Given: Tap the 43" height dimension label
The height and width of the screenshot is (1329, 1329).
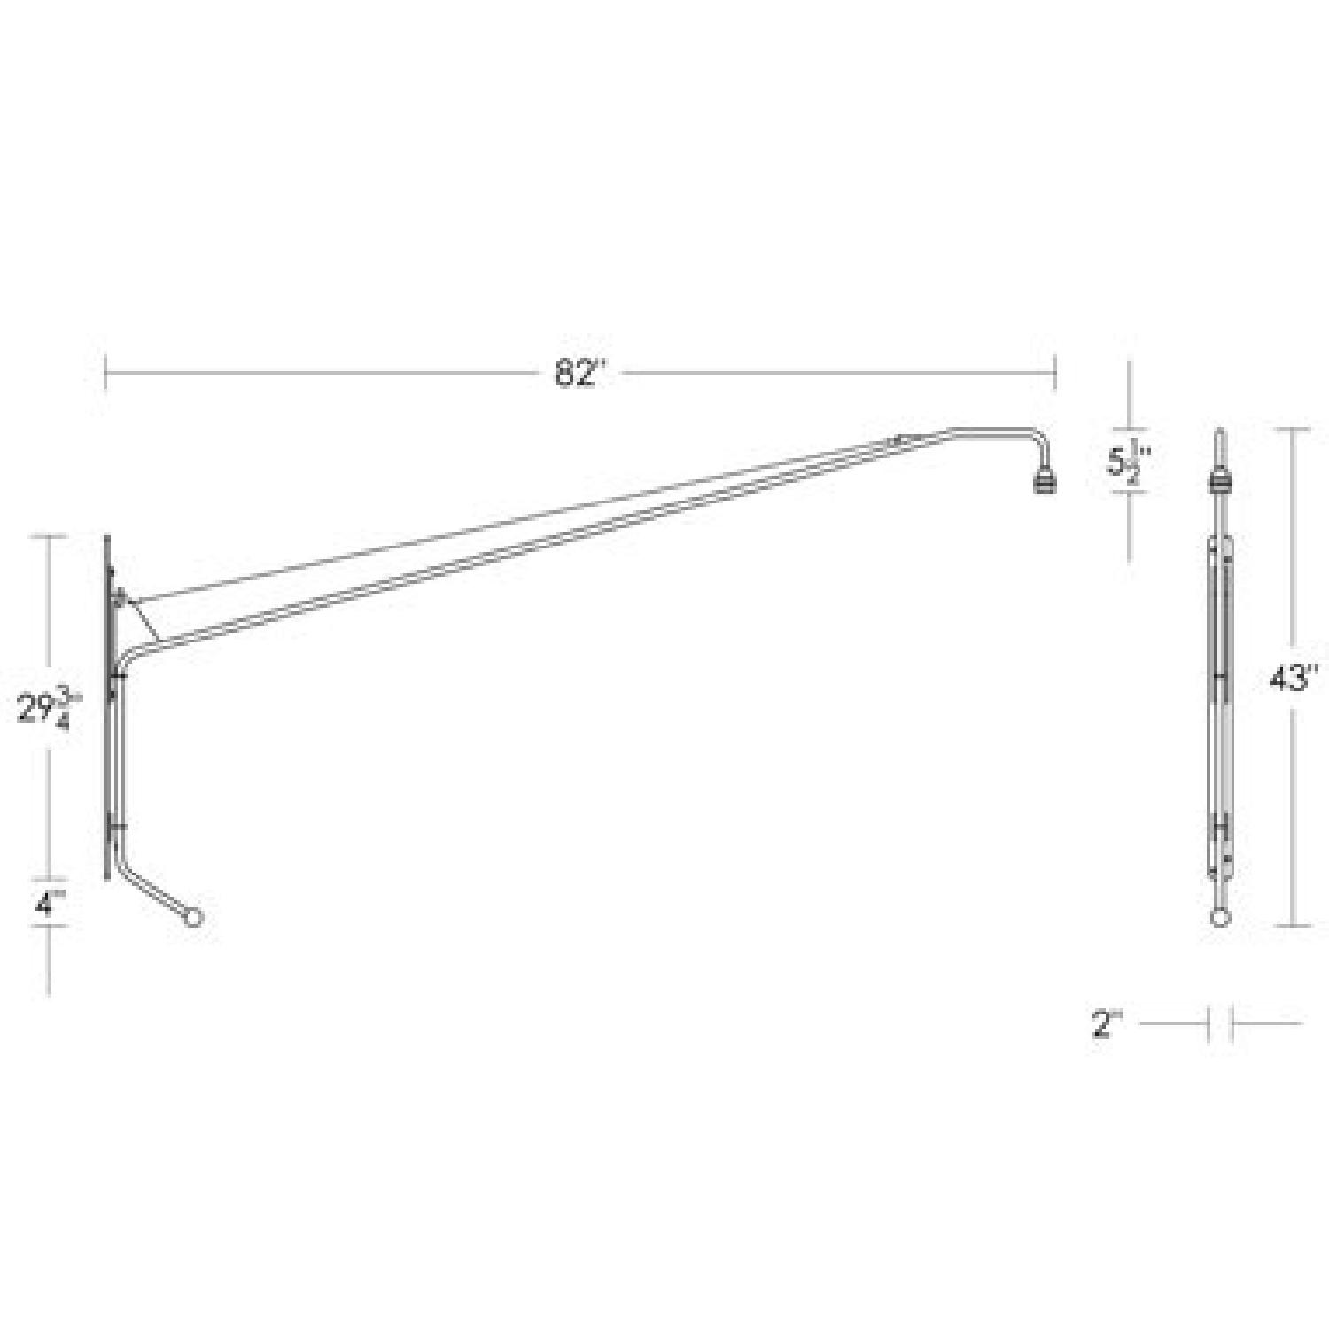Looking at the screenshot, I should coord(1294,680).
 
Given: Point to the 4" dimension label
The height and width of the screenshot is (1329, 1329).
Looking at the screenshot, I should coord(50,903).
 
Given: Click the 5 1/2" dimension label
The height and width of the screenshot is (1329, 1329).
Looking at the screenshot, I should coord(1128,462).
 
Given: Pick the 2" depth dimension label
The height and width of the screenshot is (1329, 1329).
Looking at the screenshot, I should coord(1107,1025).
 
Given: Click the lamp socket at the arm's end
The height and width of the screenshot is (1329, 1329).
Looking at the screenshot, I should coord(1045,480).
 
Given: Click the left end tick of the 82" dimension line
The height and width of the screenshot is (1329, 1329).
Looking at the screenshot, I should coord(106,373).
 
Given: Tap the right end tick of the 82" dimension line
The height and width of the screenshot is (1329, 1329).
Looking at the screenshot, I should coord(1055,373).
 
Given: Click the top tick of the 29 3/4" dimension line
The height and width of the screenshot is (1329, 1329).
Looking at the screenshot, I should coord(50,536).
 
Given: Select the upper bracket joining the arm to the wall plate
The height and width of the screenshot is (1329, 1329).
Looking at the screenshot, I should coord(118,675).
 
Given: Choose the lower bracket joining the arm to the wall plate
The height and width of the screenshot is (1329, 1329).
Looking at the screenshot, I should coord(118,826).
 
